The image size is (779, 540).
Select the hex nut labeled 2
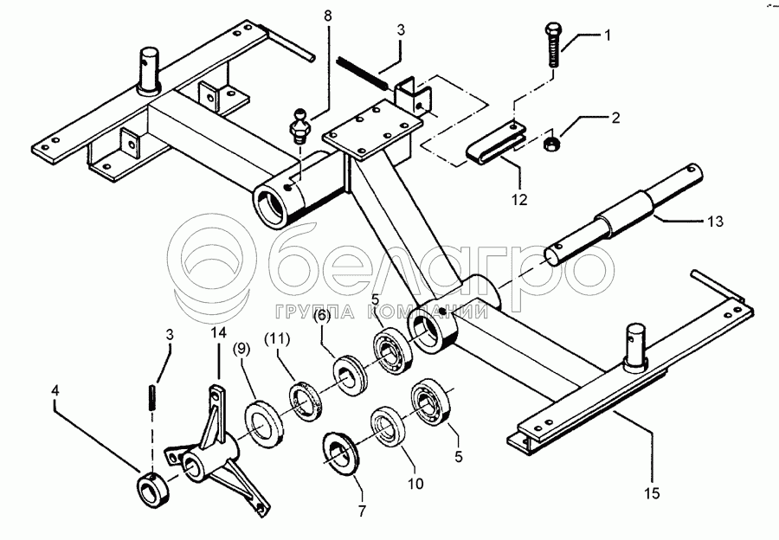(551, 142)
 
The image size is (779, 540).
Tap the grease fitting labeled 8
(299, 127)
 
